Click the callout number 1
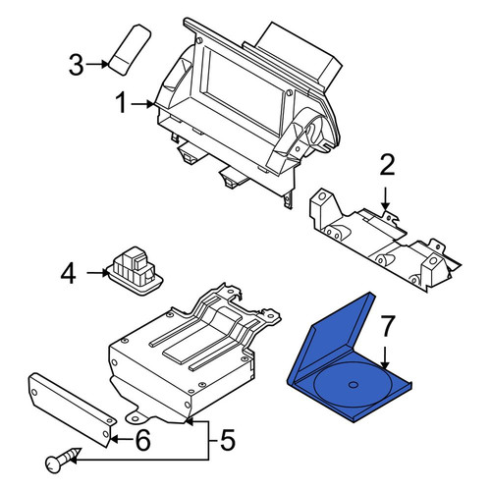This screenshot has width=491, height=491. coord(122,103)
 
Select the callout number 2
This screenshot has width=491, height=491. coord(387,166)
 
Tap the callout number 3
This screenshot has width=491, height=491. coord(77,65)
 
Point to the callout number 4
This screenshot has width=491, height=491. coord(69,274)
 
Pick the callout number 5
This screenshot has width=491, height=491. coord(227,440)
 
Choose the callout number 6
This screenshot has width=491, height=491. coord(142,440)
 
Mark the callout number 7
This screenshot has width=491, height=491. coord(387,326)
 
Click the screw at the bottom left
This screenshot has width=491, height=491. coord(63,461)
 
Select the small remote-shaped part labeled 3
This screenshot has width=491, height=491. coord(130,50)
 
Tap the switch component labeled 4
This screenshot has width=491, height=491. coord(136,270)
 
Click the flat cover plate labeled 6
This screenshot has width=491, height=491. coord(72,409)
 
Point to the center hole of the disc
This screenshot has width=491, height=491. coord(353,385)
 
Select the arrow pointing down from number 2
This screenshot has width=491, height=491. coord(386,198)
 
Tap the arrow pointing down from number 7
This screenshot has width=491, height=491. coord(385,358)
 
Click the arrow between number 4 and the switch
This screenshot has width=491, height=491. coord(97,272)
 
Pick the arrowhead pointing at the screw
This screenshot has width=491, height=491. coord(74,461)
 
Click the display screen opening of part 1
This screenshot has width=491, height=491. coord(244,86)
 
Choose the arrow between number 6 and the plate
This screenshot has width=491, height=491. coord(122,439)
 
